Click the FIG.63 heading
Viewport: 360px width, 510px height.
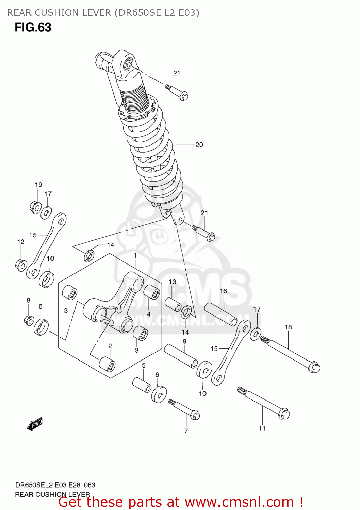33,27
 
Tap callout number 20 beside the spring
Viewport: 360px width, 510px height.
199,145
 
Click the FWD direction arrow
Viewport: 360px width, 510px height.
35,424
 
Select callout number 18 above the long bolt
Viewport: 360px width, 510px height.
288,327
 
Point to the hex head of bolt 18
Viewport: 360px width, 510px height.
314,368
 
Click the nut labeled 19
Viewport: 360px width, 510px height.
35,206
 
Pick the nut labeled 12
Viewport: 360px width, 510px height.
21,265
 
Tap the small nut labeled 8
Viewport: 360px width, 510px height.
29,320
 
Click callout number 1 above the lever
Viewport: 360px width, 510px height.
135,255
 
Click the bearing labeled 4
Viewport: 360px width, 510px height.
152,292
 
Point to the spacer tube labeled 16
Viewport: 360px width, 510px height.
221,314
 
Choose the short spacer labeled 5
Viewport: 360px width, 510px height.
142,385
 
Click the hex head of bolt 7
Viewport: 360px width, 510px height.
195,415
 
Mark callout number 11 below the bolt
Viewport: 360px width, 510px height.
262,428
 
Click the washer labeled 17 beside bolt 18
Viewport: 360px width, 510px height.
256,334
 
